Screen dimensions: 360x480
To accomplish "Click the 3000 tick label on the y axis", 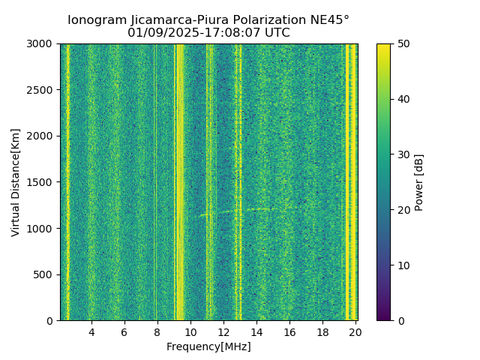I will coord(43,43).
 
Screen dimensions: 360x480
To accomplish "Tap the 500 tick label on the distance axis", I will coord(46,274).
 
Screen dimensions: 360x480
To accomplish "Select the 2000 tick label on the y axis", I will coord(43,136).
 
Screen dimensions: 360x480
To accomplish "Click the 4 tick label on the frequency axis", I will coord(91,331).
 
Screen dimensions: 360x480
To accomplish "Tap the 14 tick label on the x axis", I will coord(256,331).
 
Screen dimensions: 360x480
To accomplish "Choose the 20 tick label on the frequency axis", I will coord(355,331).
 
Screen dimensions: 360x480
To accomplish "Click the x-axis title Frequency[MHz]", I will coord(208,346).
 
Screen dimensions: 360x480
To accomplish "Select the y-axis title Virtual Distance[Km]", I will coord(16,182).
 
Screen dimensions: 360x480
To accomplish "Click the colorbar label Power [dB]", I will coord(419,182).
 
